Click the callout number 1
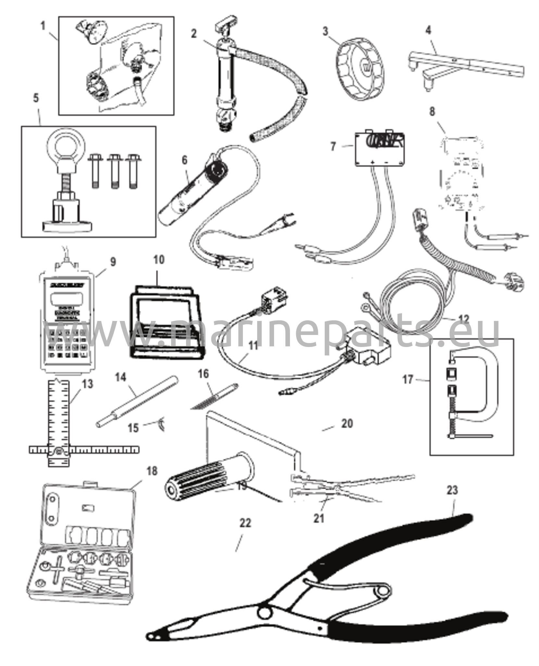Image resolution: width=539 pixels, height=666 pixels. pyautogui.click(x=43, y=26)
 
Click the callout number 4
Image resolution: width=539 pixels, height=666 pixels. pyautogui.click(x=428, y=31)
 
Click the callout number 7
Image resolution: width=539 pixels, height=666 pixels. pyautogui.click(x=333, y=146)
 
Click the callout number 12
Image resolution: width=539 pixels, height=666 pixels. pyautogui.click(x=464, y=319)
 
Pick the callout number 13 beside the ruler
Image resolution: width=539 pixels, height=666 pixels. pyautogui.click(x=87, y=384)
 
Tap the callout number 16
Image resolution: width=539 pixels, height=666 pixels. pyautogui.click(x=203, y=374)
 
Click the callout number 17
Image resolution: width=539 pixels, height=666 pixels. pyautogui.click(x=408, y=380)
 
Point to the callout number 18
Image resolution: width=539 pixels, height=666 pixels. pyautogui.click(x=152, y=471)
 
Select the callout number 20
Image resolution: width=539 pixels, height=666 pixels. pyautogui.click(x=347, y=423)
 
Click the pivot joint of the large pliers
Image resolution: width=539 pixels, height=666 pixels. pyautogui.click(x=264, y=613)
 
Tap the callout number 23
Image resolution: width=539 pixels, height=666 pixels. pyautogui.click(x=452, y=499)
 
